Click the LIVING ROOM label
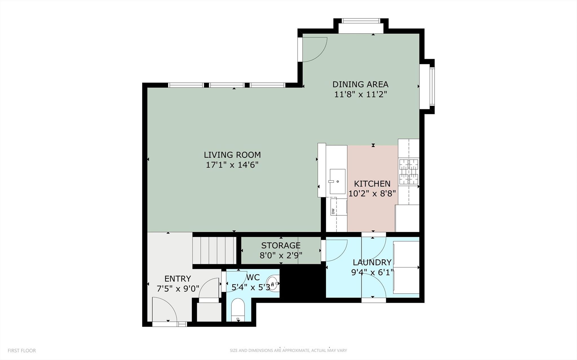[x=232, y=155]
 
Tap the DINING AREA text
[x=360, y=84]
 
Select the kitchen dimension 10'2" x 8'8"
[x=372, y=194]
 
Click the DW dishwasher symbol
[x=333, y=211]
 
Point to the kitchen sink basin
[x=337, y=181]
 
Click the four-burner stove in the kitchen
[x=408, y=172]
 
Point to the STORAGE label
[x=281, y=245]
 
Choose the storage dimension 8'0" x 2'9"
[x=281, y=255]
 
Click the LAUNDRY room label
[x=372, y=262]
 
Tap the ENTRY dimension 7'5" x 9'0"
[x=178, y=289]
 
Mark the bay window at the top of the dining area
[x=361, y=21]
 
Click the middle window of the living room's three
[x=227, y=85]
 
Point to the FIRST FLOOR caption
[x=22, y=351]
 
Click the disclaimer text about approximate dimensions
[x=288, y=351]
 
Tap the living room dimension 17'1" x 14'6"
[x=232, y=165]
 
